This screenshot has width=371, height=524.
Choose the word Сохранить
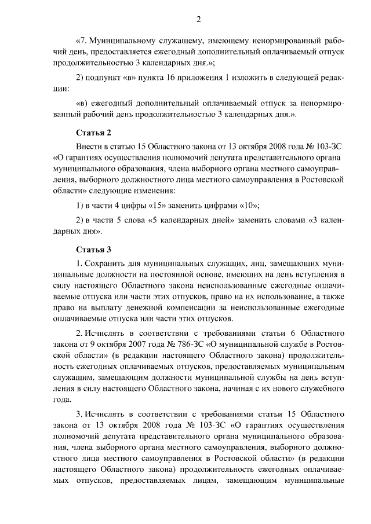[x=110, y=264]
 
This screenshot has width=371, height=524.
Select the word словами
[x=283, y=221]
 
